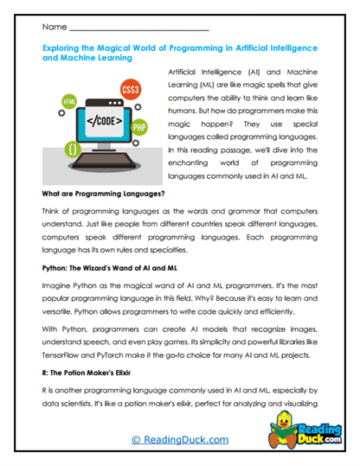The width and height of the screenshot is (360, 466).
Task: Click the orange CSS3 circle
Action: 132,89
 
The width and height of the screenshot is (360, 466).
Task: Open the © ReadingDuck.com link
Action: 179,440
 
